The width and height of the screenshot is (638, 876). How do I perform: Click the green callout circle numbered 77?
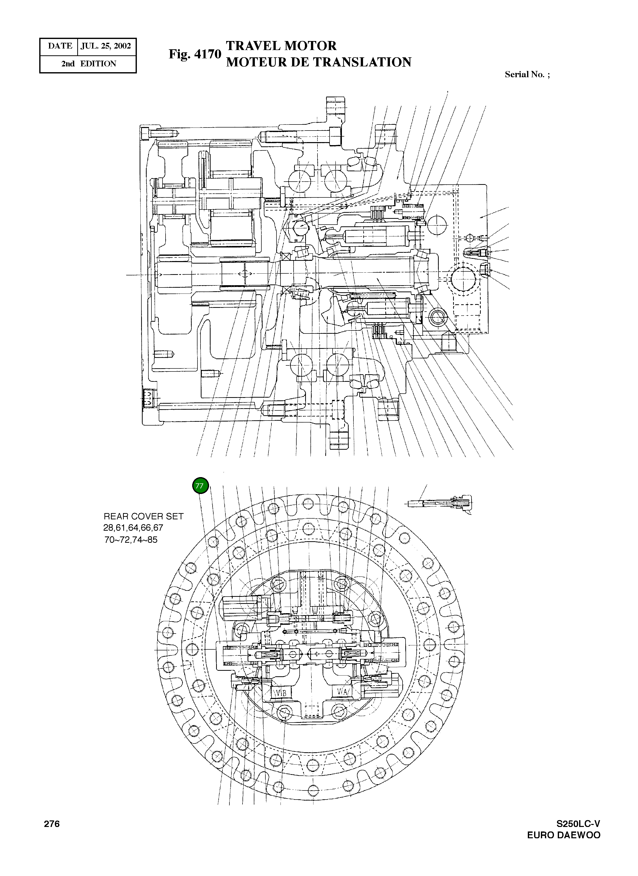point(200,486)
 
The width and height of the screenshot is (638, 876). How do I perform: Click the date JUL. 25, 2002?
point(106,46)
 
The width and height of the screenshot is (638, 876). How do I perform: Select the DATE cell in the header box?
point(60,46)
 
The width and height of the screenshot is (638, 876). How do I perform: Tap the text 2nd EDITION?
point(89,64)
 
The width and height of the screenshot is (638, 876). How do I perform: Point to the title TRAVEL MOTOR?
point(281,46)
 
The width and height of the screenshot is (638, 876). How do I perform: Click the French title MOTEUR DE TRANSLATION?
point(318,62)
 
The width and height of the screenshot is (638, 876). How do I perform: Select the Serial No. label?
point(527,74)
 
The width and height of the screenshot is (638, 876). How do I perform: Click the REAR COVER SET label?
point(143,516)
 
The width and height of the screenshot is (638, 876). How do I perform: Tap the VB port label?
point(281,693)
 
